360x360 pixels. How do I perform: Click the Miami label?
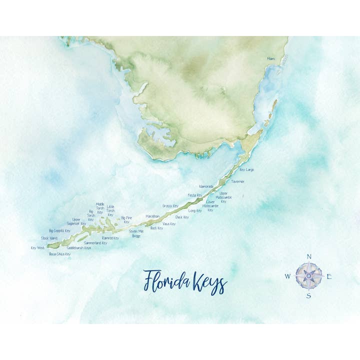tap(270, 59)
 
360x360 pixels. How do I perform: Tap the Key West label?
tap(37, 247)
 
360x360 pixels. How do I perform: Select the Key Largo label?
tap(246, 170)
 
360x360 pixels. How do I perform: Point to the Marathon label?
tap(152, 216)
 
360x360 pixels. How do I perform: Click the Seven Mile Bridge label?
tap(136, 233)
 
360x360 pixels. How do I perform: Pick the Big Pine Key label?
tap(126, 219)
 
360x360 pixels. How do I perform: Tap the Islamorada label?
tap(206, 186)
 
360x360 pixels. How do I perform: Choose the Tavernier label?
tap(237, 181)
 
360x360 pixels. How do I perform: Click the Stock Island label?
tap(49, 238)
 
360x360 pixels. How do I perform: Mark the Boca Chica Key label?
tap(59, 254)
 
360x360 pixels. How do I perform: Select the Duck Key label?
tap(182, 217)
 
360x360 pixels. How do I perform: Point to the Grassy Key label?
tap(170, 206)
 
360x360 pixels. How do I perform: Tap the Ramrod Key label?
tap(110, 238)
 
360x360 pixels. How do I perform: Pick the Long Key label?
tap(195, 210)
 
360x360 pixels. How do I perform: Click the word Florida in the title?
tap(164, 282)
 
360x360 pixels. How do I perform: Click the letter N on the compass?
tap(308, 256)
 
